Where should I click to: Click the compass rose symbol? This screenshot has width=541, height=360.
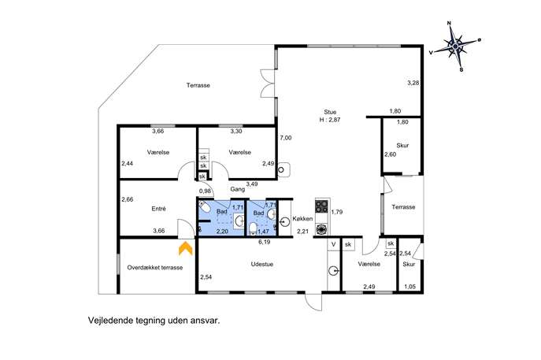pyautogui.click(x=455, y=46)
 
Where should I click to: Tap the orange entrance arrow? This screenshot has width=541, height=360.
pyautogui.click(x=185, y=248)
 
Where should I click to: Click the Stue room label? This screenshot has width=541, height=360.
pyautogui.click(x=330, y=112)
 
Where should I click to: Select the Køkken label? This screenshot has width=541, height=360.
pyautogui.click(x=302, y=218)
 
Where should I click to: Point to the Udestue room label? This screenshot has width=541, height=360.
pyautogui.click(x=262, y=264)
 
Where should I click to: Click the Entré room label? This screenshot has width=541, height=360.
pyautogui.click(x=159, y=209)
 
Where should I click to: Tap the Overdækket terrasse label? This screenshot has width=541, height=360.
pyautogui.click(x=155, y=268)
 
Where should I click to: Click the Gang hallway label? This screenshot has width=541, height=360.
pyautogui.click(x=238, y=189)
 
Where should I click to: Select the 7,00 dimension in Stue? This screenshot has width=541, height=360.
pyautogui.click(x=286, y=138)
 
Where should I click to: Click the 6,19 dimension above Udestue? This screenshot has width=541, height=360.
pyautogui.click(x=265, y=242)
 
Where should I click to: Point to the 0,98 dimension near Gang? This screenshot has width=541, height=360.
pyautogui.click(x=205, y=191)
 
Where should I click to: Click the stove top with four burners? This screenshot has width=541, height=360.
pyautogui.click(x=321, y=206)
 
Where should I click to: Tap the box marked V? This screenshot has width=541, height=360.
pyautogui.click(x=334, y=244)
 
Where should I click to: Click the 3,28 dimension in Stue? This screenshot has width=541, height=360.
pyautogui.click(x=413, y=83)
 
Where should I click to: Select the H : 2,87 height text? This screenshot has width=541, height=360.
pyautogui.click(x=330, y=120)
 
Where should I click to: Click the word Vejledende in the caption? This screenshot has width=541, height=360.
pyautogui.click(x=110, y=321)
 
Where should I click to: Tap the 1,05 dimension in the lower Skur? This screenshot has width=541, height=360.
pyautogui.click(x=410, y=287)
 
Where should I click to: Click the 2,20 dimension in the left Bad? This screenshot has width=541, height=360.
pyautogui.click(x=222, y=232)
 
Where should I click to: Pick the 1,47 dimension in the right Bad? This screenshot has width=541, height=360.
pyautogui.click(x=263, y=232)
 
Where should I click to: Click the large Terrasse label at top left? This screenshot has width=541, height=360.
pyautogui.click(x=198, y=85)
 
